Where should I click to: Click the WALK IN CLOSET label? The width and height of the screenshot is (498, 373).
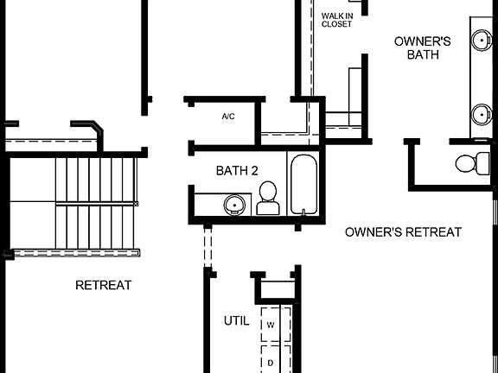coord(336,19)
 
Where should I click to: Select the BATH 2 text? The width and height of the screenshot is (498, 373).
coord(237,171)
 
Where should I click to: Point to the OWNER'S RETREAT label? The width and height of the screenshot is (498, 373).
coord(403,232)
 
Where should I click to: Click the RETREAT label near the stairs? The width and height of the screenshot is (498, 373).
coord(104,285)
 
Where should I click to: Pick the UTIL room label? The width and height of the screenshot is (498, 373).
coord(237,320)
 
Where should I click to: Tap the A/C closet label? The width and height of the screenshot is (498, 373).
coord(228,116)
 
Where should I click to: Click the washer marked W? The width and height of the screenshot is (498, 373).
coord(271,325)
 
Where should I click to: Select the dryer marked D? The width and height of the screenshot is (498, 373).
coord(271,363)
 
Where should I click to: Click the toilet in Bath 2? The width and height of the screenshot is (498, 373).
coord(267,198)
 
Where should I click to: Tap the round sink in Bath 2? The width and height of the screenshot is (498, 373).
coord(233,205)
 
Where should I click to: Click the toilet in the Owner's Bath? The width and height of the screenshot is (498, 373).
coord(472,162)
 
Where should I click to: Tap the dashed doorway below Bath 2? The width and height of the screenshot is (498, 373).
coord(207,249)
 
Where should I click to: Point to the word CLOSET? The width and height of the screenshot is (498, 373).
coord(336,24)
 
